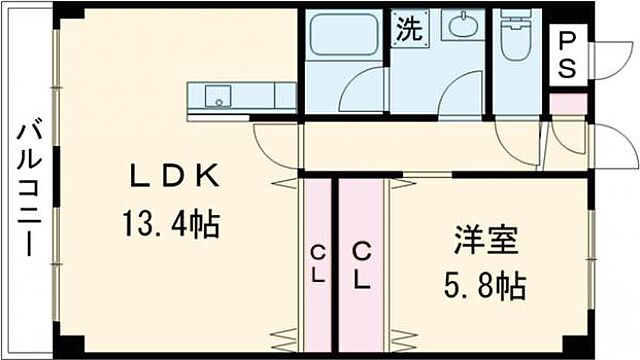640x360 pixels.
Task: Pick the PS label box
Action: pyautogui.click(x=567, y=55)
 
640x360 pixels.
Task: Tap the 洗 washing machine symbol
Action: pyautogui.click(x=407, y=28)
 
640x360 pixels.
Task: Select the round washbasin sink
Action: pyautogui.click(x=463, y=27)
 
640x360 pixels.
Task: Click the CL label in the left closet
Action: pyautogui.click(x=316, y=265)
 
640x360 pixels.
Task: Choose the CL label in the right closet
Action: pyautogui.click(x=361, y=265)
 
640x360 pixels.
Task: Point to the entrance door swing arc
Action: pyautogui.click(x=615, y=148)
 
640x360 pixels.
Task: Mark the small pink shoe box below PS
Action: pyautogui.click(x=567, y=103)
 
